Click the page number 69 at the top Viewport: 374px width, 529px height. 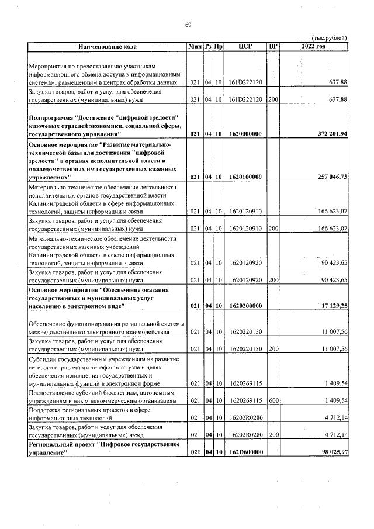tap(188, 24)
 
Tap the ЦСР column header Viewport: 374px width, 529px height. tap(245, 46)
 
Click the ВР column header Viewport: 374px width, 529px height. tap(272, 46)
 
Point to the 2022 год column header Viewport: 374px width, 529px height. tap(314, 46)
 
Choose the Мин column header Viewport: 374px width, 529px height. tap(195, 46)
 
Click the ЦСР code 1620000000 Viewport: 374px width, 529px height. tap(245, 134)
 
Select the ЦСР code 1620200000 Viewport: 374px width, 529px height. tap(245, 306)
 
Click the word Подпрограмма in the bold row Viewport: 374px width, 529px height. tap(53, 118)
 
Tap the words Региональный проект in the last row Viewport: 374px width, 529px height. tap(63, 445)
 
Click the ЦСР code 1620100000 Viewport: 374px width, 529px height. tap(245, 176)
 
